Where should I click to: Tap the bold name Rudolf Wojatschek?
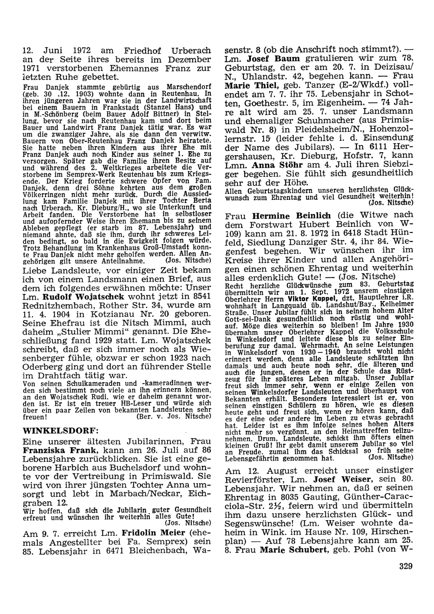click(83, 297)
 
